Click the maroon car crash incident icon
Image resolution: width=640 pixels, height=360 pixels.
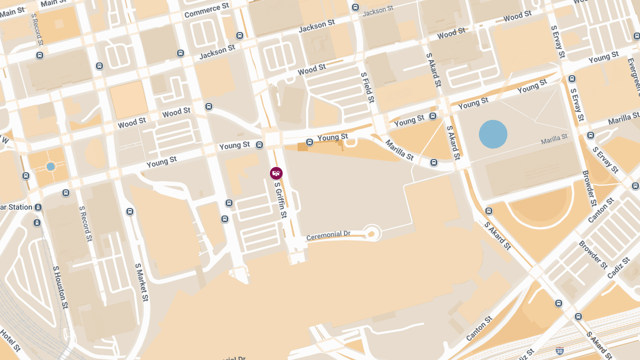[x=276, y=173]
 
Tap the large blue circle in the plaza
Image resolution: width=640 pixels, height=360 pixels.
[x=493, y=134]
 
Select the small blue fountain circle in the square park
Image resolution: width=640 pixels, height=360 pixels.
[x=51, y=166]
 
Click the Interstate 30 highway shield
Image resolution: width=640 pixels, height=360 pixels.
[x=559, y=350]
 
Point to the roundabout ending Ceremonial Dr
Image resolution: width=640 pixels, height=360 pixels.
[x=371, y=233]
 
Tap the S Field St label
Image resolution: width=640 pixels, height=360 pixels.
[x=367, y=87]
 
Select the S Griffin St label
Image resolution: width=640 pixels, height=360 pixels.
[x=281, y=200]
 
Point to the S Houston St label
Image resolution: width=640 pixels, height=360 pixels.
[x=60, y=287]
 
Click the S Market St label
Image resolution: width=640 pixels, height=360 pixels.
[x=141, y=282]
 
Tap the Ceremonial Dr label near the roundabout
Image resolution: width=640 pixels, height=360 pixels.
[x=328, y=235]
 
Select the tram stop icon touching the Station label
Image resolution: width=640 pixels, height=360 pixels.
[x=38, y=207]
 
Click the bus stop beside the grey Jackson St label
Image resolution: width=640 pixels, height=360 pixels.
[x=356, y=7]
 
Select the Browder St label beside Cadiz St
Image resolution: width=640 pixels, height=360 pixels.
[x=593, y=255]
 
